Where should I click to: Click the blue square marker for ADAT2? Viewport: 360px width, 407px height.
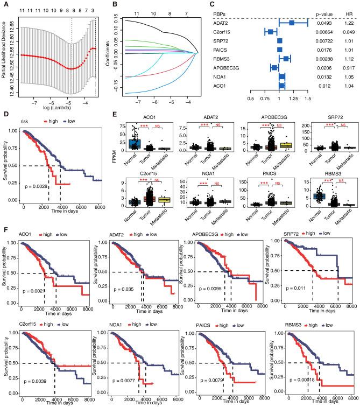pyautogui.click(x=292, y=23)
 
